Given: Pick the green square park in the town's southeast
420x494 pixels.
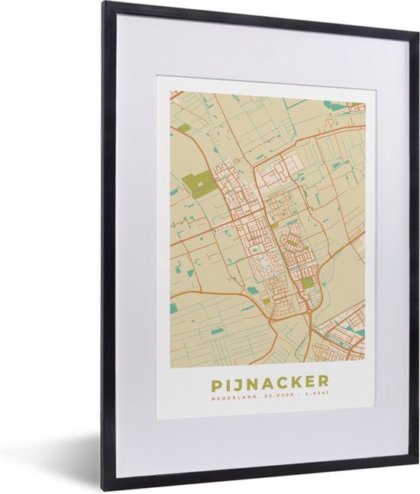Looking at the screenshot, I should (x=307, y=283).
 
